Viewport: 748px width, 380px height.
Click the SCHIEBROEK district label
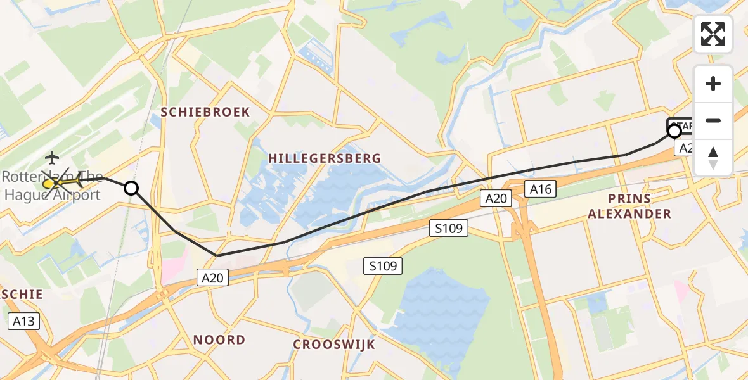point(205,112)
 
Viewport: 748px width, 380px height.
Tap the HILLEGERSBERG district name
point(324,158)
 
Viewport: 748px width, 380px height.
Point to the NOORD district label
point(219,340)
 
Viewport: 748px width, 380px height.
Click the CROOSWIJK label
point(334,345)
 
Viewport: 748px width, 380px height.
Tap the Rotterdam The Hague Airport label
point(52,186)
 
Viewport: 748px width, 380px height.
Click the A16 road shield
point(541,188)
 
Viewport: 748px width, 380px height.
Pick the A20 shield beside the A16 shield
point(496,199)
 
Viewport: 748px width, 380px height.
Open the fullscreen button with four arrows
point(713,34)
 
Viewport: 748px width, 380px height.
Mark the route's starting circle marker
point(674,131)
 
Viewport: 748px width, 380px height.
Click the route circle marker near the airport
point(131,188)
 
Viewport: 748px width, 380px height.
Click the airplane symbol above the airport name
point(52,157)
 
